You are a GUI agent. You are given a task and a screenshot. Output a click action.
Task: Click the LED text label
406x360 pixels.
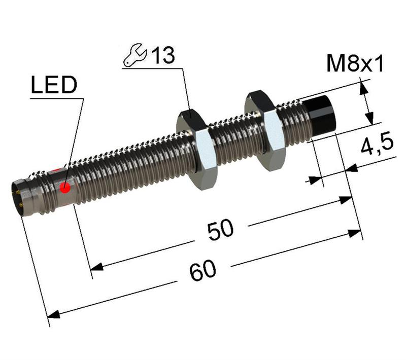coord(53,86)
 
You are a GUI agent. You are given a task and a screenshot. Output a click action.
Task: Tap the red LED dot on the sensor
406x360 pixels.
coord(65,189)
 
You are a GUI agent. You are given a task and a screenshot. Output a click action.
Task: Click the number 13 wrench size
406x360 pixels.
coord(162,55)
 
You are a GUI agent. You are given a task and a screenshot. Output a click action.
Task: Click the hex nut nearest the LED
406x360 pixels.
coord(197,151)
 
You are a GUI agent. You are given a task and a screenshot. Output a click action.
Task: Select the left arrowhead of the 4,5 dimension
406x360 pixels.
coord(316,178)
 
